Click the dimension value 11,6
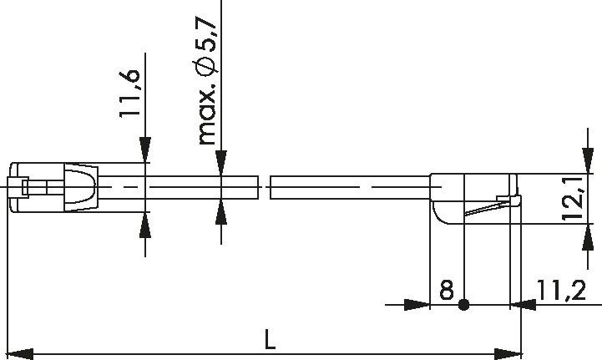[x=129, y=95]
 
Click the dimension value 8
[x=446, y=290]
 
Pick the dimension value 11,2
[x=560, y=290]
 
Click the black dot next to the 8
[x=465, y=305]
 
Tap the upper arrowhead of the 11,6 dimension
[x=145, y=150]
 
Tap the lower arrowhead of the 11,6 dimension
[x=145, y=224]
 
